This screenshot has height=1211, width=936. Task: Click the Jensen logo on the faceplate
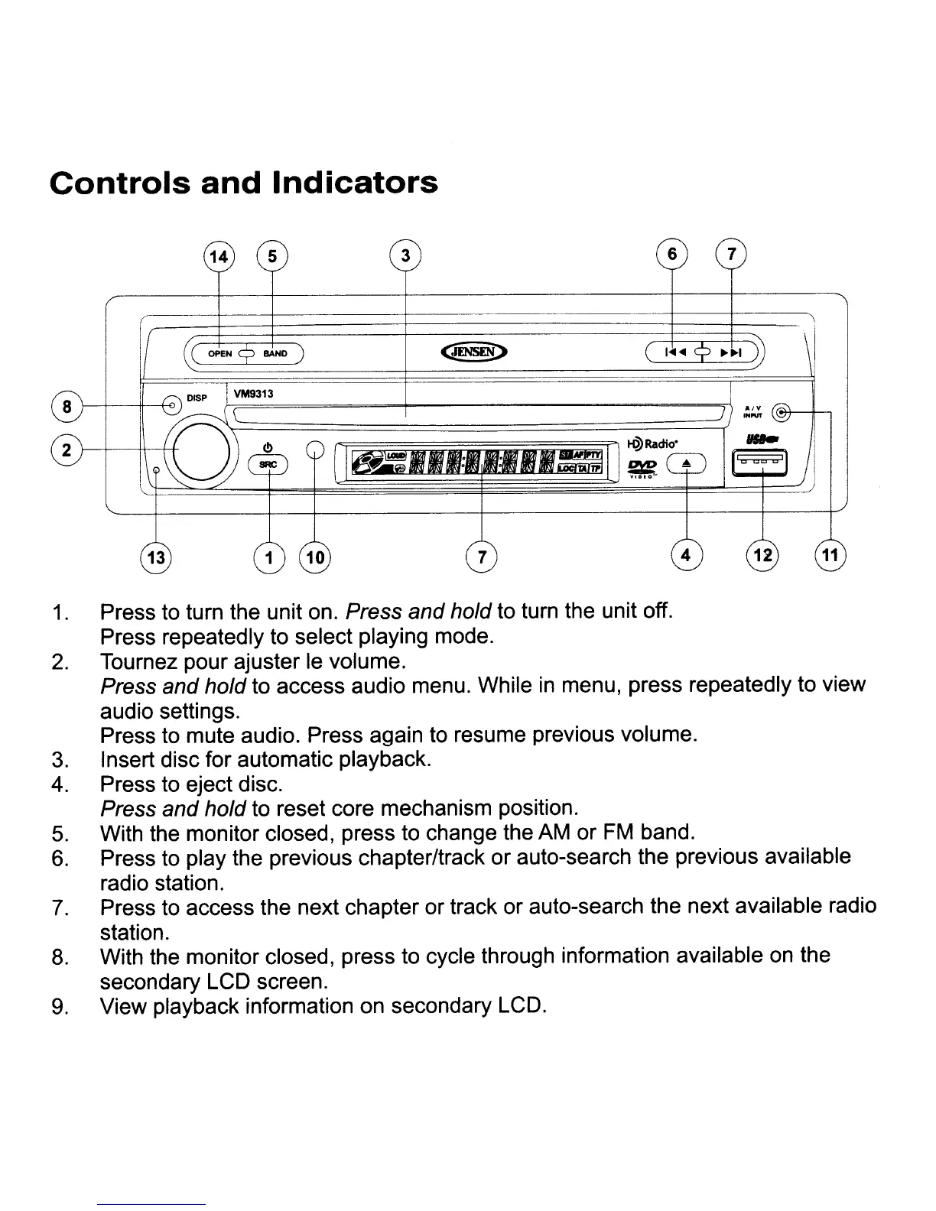476,352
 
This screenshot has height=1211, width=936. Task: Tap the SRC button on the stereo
268,464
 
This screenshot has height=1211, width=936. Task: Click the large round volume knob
202,453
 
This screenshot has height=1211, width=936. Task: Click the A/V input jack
781,413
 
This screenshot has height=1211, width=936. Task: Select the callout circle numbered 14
219,257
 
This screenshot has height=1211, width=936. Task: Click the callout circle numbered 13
156,556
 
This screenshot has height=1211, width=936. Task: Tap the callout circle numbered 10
315,556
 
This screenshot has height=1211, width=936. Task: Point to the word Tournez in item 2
141,661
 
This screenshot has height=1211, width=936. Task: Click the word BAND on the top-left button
275,354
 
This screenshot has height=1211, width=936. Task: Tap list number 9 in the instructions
58,1007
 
